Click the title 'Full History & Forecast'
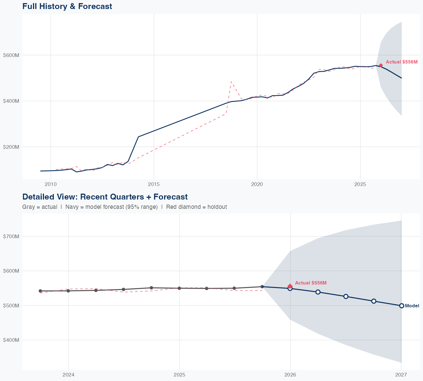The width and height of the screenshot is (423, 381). tap(67, 6)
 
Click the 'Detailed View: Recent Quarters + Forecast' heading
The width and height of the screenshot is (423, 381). tap(105, 197)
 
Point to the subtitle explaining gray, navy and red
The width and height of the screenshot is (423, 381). tap(124, 207)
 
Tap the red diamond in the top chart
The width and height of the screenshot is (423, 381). tap(381, 65)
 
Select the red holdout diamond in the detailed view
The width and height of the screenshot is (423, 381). tap(290, 286)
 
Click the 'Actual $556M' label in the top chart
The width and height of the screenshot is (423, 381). tap(402, 62)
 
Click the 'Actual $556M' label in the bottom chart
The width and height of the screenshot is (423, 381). tap(311, 283)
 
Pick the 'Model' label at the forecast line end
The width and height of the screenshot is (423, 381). tap(412, 306)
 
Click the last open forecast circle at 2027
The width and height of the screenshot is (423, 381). tap(402, 306)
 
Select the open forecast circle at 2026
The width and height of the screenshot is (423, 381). tap(290, 288)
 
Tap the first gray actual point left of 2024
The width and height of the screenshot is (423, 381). tap(40, 291)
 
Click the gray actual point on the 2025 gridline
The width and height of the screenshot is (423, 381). tap(179, 288)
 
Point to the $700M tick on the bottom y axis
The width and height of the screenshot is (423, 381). tap(11, 236)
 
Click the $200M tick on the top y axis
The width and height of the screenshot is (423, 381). tap(11, 147)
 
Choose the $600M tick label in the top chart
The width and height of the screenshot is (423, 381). tap(11, 55)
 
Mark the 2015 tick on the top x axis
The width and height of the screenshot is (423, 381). tap(154, 185)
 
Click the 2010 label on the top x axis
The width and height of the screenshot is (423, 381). tap(51, 185)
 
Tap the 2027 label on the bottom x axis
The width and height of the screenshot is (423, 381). tap(401, 375)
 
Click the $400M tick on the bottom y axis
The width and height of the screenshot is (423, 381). tap(11, 340)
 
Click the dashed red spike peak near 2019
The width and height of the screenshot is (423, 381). tap(231, 82)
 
